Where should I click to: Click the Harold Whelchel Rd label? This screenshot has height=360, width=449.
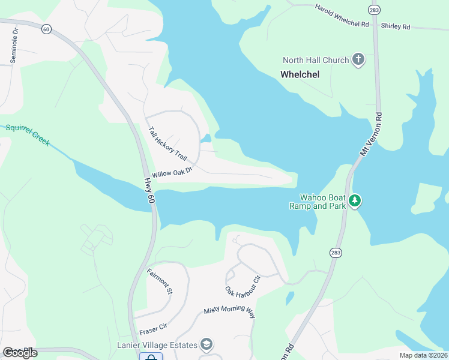click(x=342, y=16)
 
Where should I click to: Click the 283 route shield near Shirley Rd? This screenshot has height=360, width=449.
click(x=375, y=10)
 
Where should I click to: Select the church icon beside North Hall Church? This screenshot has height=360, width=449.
click(x=358, y=59)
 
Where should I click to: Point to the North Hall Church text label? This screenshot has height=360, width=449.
click(x=316, y=60)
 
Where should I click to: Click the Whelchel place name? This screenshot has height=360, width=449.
click(x=300, y=74)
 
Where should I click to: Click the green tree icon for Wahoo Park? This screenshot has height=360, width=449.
click(x=355, y=200)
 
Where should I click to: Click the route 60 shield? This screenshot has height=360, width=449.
click(x=46, y=28)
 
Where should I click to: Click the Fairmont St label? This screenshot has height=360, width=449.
click(x=160, y=281)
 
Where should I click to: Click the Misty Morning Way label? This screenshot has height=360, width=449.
click(x=229, y=309)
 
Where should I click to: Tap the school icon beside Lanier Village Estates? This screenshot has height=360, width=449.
click(x=206, y=344)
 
